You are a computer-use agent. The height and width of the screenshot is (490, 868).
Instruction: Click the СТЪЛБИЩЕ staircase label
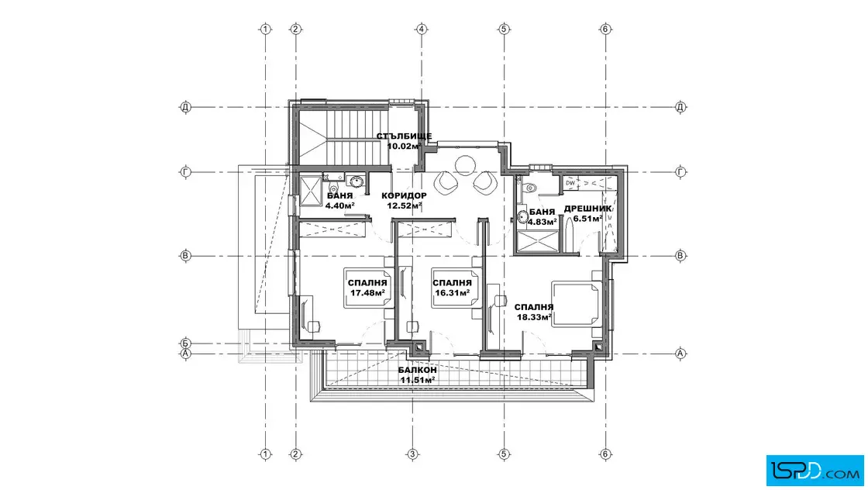pyautogui.click(x=404, y=136)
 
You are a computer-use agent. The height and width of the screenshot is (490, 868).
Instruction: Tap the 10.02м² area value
pyautogui.click(x=404, y=147)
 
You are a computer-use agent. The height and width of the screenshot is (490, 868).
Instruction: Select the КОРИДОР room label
pyautogui.click(x=404, y=195)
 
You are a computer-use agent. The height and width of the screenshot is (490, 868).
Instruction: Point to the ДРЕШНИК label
pyautogui.click(x=588, y=209)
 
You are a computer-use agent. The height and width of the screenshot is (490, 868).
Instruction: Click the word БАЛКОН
pyautogui.click(x=418, y=370)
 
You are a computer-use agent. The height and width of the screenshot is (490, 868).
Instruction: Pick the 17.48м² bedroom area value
pyautogui.click(x=367, y=293)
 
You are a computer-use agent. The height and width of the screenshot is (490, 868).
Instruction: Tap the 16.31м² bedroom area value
pyautogui.click(x=453, y=293)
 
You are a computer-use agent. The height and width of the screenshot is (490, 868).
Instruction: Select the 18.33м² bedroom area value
pyautogui.click(x=534, y=317)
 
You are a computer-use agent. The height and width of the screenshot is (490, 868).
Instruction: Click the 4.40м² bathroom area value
pyautogui.click(x=340, y=205)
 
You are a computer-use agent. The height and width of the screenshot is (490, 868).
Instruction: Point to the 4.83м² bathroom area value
pyautogui.click(x=542, y=222)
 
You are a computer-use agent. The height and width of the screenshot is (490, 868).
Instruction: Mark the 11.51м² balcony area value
pyautogui.click(x=418, y=380)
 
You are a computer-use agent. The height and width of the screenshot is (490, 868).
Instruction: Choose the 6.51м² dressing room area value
pyautogui.click(x=588, y=219)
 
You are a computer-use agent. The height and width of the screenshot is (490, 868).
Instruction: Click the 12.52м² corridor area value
pyautogui.click(x=404, y=205)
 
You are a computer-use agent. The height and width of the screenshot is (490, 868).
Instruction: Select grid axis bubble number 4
pyautogui.click(x=422, y=29)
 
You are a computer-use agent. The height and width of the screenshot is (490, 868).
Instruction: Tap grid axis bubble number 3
pyautogui.click(x=412, y=454)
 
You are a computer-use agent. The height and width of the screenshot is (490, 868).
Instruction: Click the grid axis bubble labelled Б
pyautogui.click(x=186, y=343)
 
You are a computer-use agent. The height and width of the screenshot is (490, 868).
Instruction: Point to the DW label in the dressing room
pyautogui.click(x=570, y=183)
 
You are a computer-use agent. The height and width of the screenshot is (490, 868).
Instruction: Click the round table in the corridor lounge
pyautogui.click(x=464, y=164)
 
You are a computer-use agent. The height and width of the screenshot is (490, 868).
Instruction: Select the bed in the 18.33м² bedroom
pyautogui.click(x=577, y=303)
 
